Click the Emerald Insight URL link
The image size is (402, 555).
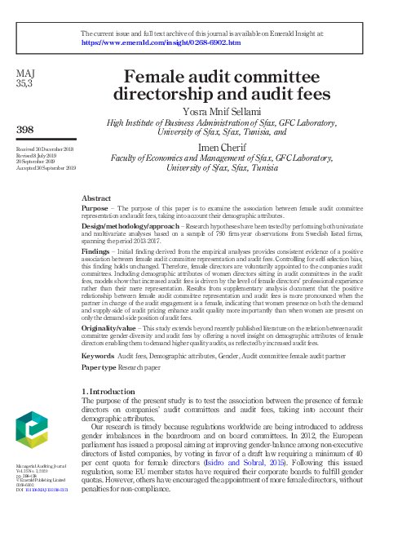pos(161,42)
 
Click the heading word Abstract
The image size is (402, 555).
pos(96,198)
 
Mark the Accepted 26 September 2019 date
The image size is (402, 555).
pos(46,167)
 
